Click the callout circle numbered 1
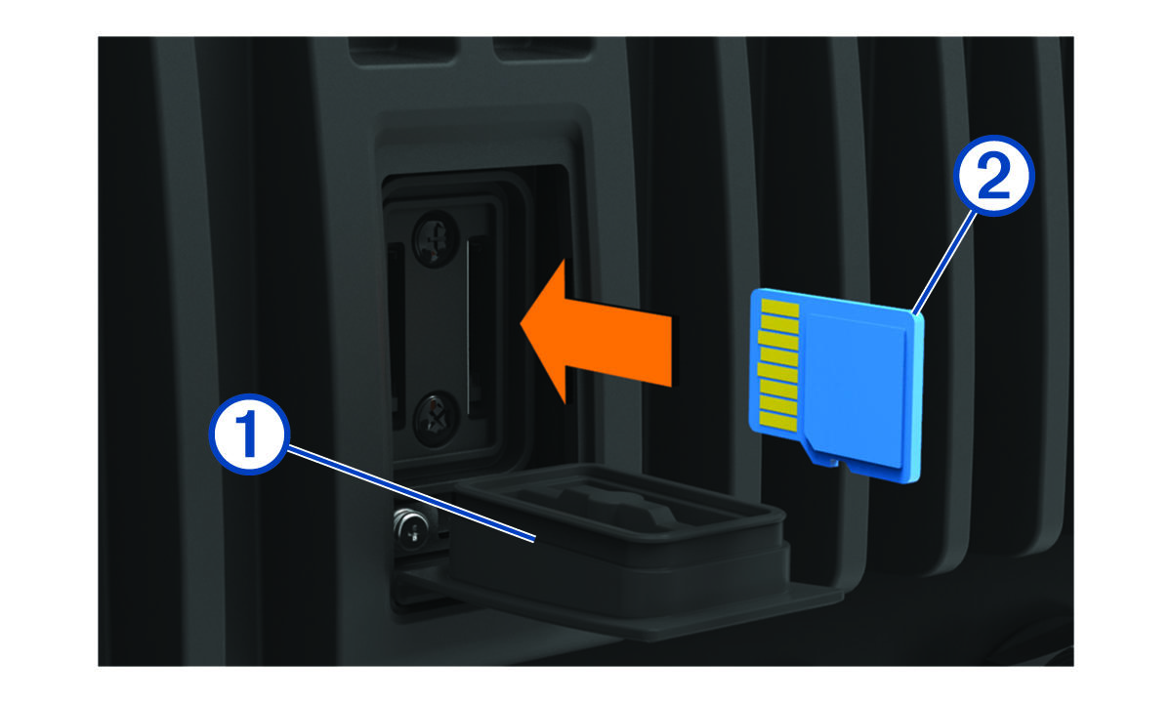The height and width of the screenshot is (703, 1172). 249,434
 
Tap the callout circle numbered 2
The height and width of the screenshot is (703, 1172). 993,176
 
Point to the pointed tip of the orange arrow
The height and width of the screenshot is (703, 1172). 521,323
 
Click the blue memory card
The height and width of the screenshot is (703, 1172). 836,385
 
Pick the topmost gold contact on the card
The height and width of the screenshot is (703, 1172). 779,309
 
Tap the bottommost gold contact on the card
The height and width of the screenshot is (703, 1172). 778,421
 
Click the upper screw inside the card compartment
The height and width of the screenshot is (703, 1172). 436,239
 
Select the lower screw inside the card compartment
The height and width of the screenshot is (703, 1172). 437,419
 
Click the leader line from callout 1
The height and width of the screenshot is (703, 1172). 411,494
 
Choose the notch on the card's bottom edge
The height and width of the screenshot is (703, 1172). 831,463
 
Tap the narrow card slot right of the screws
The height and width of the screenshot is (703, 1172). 477,327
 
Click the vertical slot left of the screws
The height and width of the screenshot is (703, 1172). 397,335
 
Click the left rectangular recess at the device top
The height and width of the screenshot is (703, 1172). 402,51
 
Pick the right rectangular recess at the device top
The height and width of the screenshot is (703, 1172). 543,49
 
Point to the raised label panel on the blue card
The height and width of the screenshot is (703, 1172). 853,390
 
